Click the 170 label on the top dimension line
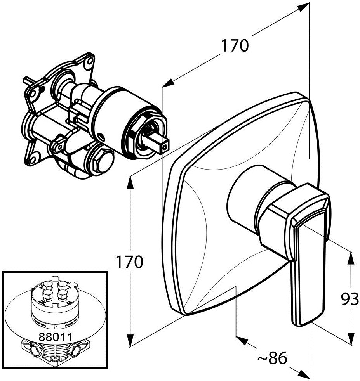click(235, 46)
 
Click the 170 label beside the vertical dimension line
click(130, 263)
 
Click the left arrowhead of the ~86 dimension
click(242, 340)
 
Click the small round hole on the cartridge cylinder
click(102, 136)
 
